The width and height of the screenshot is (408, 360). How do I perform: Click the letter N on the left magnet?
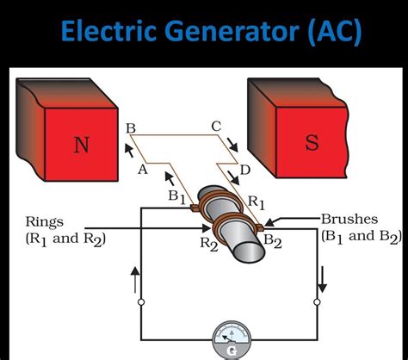(x=81, y=144)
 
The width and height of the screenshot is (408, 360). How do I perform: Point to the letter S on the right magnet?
(x=311, y=142)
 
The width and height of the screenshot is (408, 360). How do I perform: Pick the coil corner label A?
(x=143, y=170)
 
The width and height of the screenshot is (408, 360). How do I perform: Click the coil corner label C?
(x=216, y=127)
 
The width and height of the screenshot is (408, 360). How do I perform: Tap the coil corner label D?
(x=245, y=171)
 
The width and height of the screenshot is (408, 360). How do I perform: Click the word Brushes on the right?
(x=349, y=219)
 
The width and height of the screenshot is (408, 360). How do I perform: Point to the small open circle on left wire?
(x=140, y=301)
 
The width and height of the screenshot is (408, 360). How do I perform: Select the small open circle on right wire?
(x=317, y=301)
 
